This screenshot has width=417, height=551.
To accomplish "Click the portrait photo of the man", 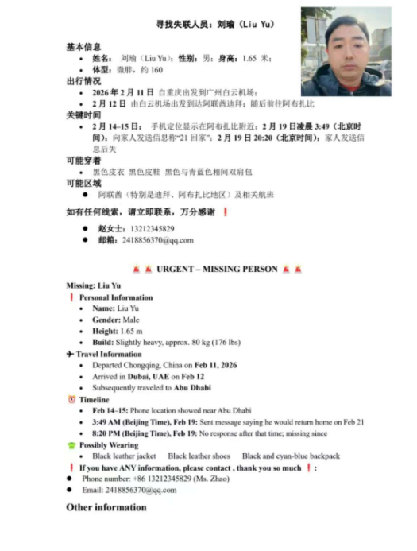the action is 346,52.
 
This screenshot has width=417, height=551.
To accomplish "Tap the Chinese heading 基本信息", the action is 83,47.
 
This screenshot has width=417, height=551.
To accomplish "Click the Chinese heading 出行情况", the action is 83,80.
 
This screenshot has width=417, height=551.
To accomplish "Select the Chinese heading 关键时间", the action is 83,114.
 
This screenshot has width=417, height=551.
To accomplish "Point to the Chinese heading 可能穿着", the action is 83,160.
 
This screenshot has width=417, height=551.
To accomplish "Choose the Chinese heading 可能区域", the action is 83,183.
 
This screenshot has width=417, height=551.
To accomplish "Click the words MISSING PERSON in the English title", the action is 238,270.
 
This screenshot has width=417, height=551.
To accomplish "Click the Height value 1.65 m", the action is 132,331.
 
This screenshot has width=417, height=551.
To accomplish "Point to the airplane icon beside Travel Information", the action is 71,354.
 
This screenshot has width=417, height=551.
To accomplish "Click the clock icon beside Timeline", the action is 71,399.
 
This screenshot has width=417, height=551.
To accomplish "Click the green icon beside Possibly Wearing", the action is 71,445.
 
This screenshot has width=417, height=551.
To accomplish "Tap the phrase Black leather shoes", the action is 199,456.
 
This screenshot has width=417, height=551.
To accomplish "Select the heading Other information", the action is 106,507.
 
